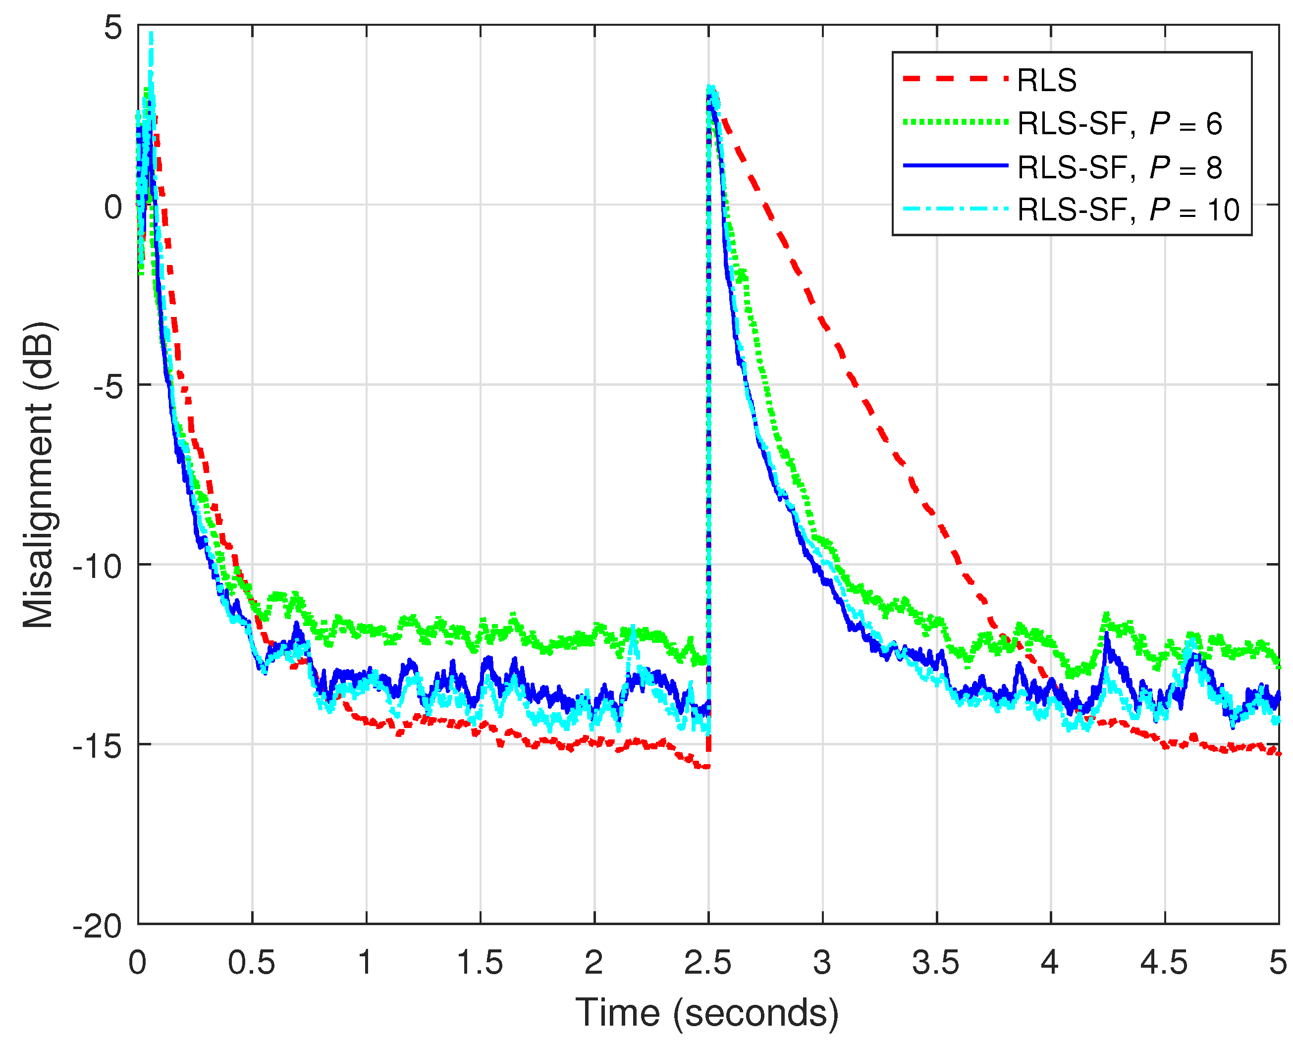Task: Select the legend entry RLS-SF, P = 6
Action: pos(1120,124)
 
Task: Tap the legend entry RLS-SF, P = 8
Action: pos(1120,167)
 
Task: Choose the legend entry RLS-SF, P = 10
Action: pos(1128,209)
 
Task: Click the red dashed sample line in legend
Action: pos(955,79)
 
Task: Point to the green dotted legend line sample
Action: pos(955,122)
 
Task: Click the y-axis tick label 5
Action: pos(113,28)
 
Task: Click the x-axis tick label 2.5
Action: pos(708,963)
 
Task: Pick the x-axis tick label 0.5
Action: pos(252,963)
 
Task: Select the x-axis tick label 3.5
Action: pos(936,963)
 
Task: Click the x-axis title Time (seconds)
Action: pos(707,1013)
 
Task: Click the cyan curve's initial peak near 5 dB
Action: pos(151,35)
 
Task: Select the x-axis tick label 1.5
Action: pos(480,963)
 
